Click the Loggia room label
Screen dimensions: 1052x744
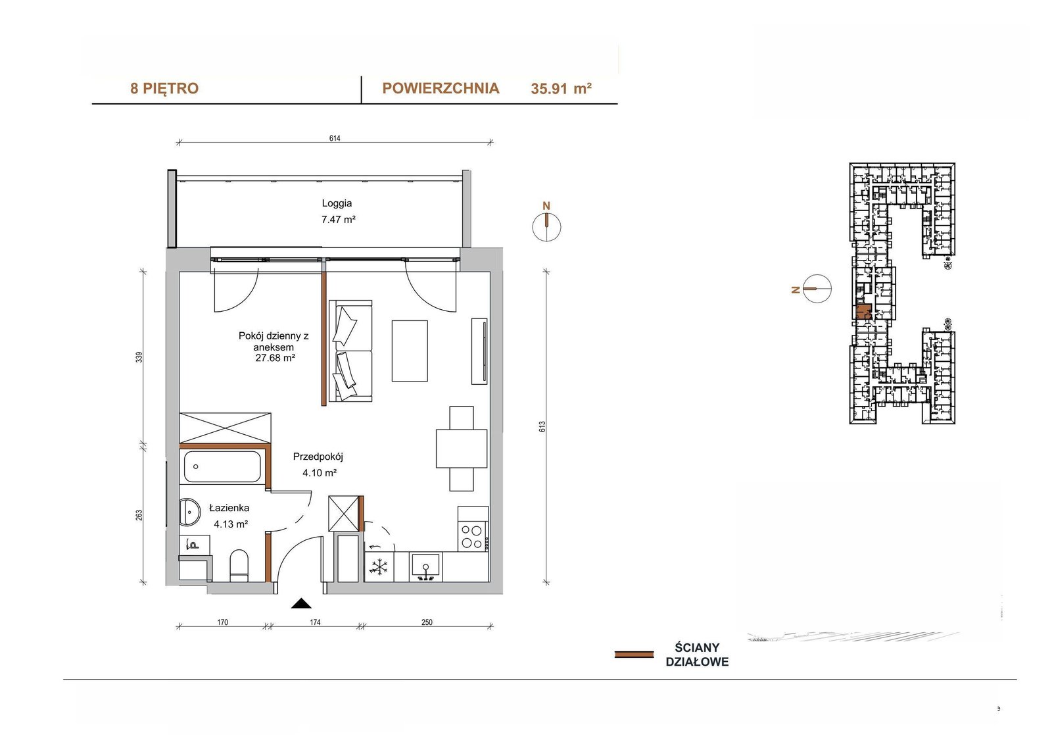click(337, 203)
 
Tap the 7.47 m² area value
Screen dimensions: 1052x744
click(338, 220)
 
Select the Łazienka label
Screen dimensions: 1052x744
click(229, 508)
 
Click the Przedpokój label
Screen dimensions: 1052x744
click(318, 457)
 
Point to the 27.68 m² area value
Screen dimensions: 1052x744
click(275, 358)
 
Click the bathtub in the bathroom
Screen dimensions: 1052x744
click(222, 466)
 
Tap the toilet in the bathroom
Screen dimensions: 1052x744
click(239, 566)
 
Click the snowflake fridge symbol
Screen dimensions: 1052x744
click(379, 567)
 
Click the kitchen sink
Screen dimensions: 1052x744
click(425, 567)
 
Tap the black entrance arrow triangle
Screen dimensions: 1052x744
click(301, 603)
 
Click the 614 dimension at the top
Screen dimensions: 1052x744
click(335, 138)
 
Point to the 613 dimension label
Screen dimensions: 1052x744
click(542, 427)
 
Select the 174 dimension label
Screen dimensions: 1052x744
click(315, 622)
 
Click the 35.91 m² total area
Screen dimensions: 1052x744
click(562, 88)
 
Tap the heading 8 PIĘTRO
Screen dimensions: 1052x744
click(164, 88)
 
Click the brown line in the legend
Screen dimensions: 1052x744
click(634, 655)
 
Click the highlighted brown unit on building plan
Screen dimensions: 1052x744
click(863, 312)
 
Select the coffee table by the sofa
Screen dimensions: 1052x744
click(410, 351)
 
